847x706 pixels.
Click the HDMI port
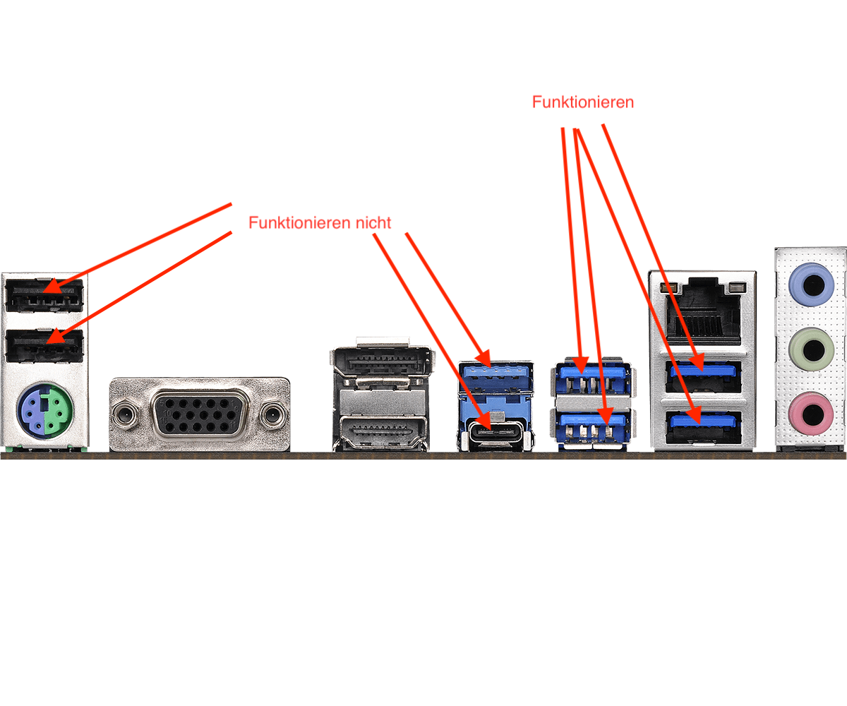[x=382, y=431]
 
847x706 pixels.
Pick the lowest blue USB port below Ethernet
[x=702, y=424]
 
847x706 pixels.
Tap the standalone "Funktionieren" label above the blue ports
[x=582, y=102]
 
